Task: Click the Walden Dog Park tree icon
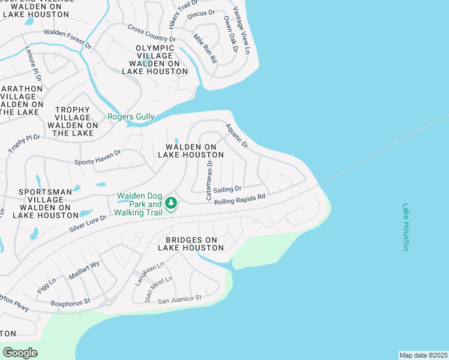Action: click(171, 203)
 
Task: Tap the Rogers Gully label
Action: click(131, 117)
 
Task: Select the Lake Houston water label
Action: click(406, 227)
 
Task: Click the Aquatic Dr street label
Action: click(237, 136)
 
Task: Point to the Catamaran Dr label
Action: click(209, 179)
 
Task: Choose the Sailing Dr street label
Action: click(228, 188)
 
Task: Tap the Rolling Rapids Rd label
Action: click(240, 199)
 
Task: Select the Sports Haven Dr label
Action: click(97, 157)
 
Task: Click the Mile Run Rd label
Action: click(204, 49)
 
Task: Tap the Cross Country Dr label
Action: click(151, 34)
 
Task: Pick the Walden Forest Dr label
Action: click(67, 38)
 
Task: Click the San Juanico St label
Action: click(179, 298)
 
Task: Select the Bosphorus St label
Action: click(70, 302)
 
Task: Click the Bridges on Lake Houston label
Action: click(191, 244)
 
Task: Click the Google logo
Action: click(20, 353)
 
